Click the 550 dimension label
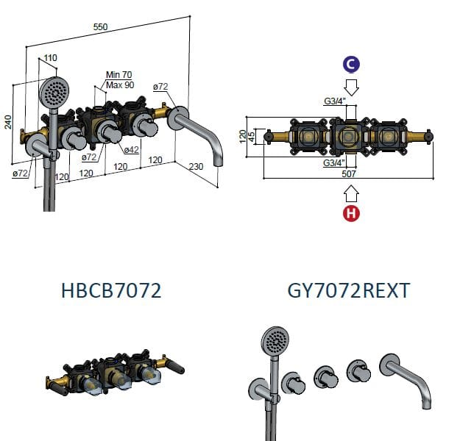pos(100,27)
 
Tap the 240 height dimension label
pos(9,122)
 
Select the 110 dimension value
pos(50,58)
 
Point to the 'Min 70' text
pos(118,75)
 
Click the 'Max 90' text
pos(120,85)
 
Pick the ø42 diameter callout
pos(131,150)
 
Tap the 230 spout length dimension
pos(196,166)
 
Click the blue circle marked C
pos(352,65)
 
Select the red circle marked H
pos(351,213)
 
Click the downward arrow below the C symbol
pos(352,87)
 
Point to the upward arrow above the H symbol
pos(352,194)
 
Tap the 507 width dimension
pos(349,174)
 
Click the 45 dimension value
pos(252,137)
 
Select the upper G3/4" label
pos(335,101)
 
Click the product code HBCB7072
pos(111,290)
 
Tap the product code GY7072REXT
pos(349,290)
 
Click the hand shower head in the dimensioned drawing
pos(54,91)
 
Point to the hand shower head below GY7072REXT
pos(275,341)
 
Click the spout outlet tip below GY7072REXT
pos(426,406)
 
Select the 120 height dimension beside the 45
pos(243,137)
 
